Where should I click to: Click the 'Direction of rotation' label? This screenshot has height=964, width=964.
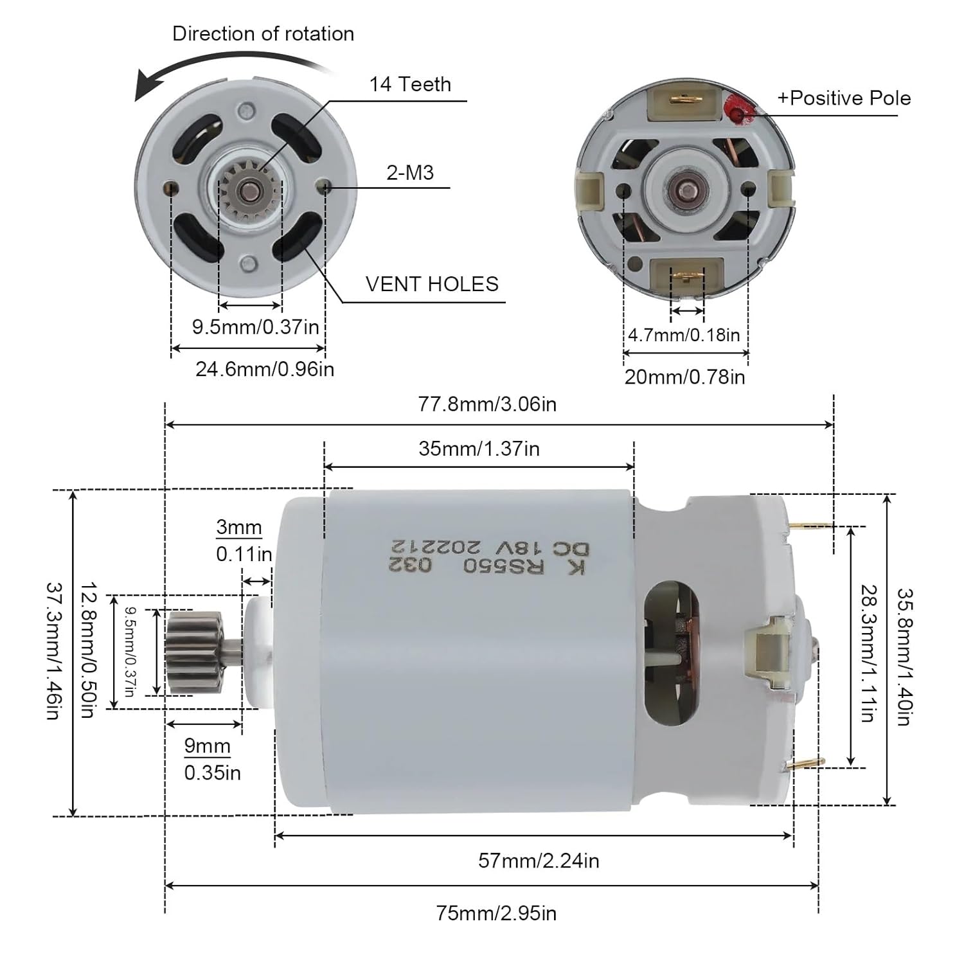coord(263,33)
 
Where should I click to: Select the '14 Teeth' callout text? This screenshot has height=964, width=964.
coord(410,84)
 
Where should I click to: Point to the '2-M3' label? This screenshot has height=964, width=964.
coord(410,172)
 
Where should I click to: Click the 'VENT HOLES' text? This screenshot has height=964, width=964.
coord(432,284)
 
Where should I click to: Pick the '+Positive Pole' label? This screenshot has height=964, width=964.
coord(844,98)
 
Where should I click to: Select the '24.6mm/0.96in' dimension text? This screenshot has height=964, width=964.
coord(265,370)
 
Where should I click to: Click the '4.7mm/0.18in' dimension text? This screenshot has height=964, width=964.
coord(684,335)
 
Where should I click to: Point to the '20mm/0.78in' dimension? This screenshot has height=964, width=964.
coord(684,377)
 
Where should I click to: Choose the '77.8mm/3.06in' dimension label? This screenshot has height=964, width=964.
coord(487,404)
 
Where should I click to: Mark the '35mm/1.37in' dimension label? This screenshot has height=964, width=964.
coord(479,449)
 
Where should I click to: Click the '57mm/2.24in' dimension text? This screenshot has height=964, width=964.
coord(539,861)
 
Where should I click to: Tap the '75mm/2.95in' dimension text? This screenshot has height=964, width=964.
coord(496,913)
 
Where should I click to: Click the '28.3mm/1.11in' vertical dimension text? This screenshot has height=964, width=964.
coord(868,653)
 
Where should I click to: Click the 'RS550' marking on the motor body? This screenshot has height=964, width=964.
coord(504,566)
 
